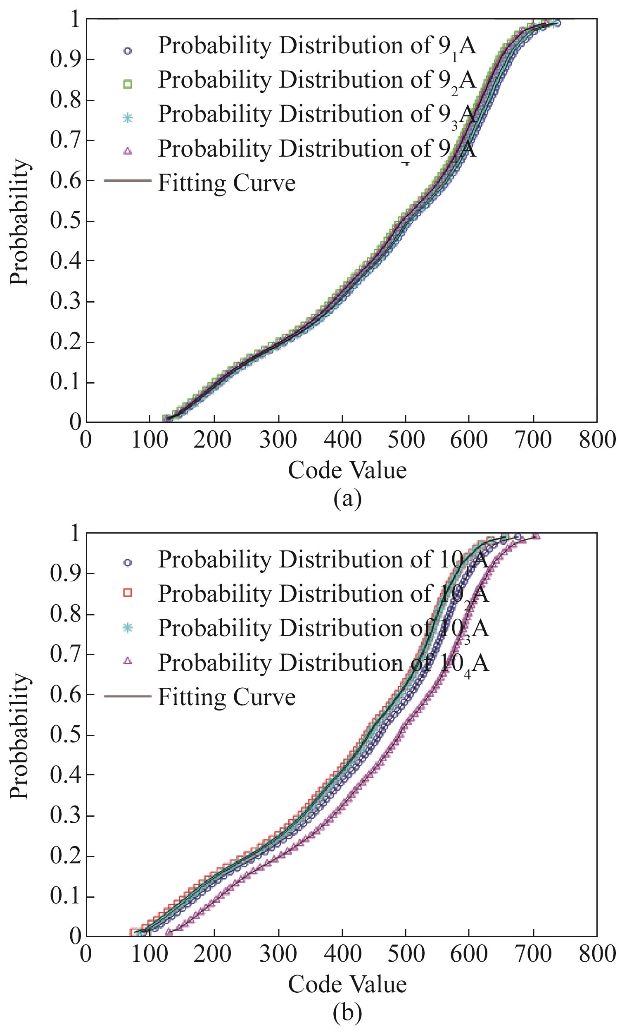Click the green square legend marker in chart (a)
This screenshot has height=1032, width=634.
coord(128,84)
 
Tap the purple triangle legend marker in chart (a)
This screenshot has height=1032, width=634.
coord(128,152)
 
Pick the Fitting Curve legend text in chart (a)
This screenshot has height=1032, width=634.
coord(226,183)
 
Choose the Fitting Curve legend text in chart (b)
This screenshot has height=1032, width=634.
coord(226,697)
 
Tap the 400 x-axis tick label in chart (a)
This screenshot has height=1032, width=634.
coord(342,440)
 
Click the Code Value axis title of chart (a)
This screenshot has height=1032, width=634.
coord(347,470)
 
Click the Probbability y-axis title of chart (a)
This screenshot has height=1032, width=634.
coord(20,222)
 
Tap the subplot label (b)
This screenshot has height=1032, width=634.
coord(347,1013)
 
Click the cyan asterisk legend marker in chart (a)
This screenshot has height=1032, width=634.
coord(128,118)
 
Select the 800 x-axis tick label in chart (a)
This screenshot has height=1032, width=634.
coord(597,440)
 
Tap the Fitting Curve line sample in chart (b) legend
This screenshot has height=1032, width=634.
coord(128,696)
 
